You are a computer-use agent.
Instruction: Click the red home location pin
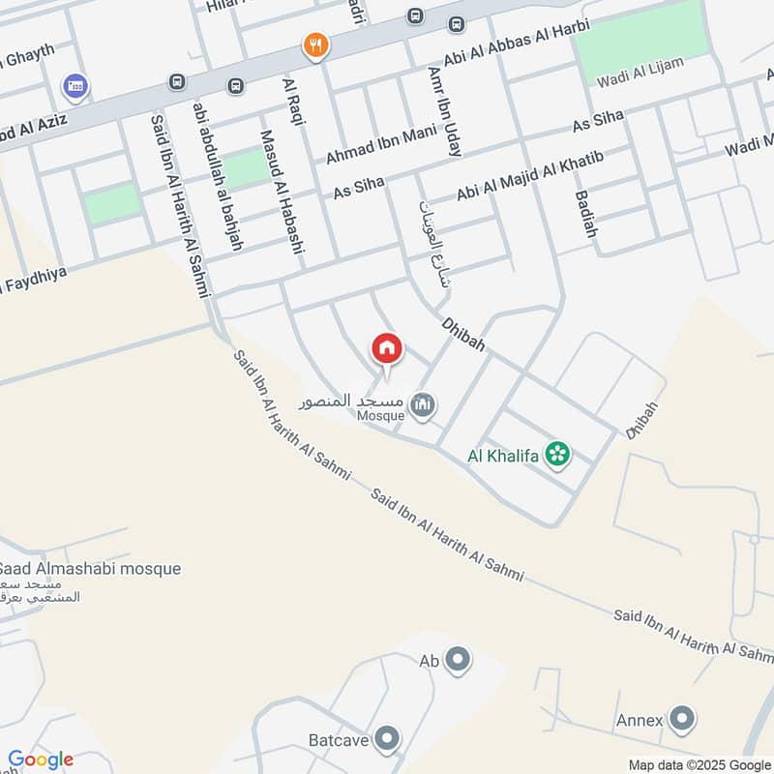click(x=387, y=348)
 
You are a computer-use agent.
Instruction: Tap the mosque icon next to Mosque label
click(x=422, y=404)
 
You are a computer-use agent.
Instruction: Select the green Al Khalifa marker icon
click(x=556, y=453)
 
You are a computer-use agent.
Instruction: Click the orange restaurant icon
click(x=315, y=45)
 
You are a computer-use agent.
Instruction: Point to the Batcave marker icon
click(x=387, y=740)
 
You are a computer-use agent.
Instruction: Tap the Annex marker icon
click(x=682, y=719)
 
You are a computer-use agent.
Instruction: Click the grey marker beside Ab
click(x=459, y=661)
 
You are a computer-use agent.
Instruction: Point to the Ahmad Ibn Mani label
click(x=381, y=145)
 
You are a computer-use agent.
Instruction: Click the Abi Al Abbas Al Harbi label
click(x=510, y=45)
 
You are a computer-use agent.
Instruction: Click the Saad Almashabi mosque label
click(x=90, y=569)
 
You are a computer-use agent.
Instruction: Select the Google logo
click(x=41, y=759)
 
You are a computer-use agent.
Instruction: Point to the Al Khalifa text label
click(x=503, y=453)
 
